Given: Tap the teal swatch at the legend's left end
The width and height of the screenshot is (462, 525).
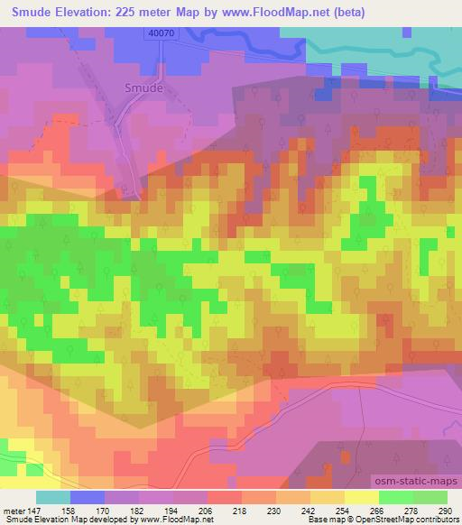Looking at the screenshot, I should click(x=53, y=497).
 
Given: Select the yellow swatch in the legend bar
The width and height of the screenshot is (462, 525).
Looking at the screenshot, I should click(x=360, y=497).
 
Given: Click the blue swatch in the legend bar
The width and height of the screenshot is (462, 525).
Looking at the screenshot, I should click(x=88, y=497).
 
